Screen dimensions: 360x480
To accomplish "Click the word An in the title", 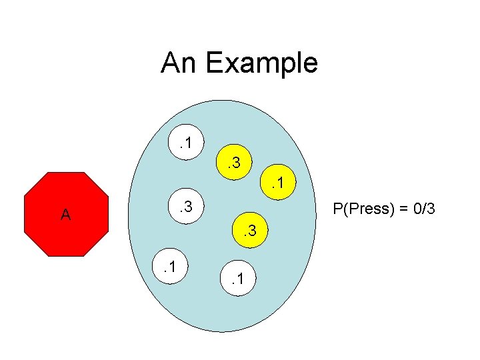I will pos(179,63).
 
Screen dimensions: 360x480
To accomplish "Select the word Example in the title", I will pos(261,63).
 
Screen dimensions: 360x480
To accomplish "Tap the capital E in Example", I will pos(215,63).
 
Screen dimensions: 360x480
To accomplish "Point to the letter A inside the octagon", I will pos(65,215).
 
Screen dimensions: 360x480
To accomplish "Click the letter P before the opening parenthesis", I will pos(338,209).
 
